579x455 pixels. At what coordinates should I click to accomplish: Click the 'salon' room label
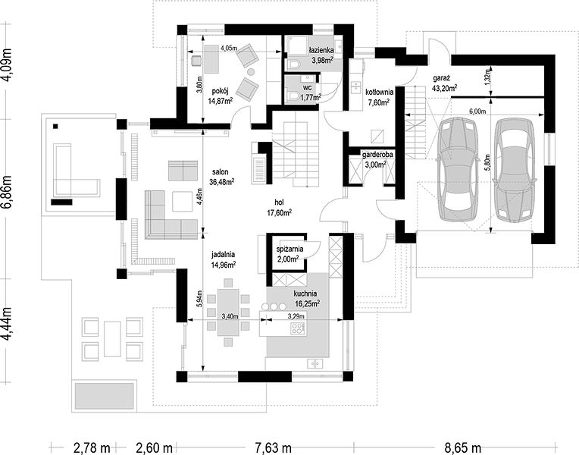(x=220, y=172)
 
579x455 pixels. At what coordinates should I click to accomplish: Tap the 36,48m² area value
(x=222, y=182)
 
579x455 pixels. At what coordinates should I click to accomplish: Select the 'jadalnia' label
(x=223, y=254)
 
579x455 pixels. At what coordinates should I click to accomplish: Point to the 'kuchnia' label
(x=305, y=293)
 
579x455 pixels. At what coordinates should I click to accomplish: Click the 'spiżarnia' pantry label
(x=289, y=249)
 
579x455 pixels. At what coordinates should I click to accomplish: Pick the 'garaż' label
(x=441, y=78)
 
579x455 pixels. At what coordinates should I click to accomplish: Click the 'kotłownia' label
(x=379, y=92)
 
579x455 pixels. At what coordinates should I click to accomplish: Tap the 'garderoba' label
(x=377, y=155)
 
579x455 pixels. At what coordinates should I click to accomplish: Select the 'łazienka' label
(x=321, y=50)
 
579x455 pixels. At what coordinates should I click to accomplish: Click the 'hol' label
(x=279, y=202)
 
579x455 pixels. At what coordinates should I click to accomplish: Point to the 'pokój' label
(x=221, y=91)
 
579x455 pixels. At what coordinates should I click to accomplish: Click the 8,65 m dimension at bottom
(x=462, y=448)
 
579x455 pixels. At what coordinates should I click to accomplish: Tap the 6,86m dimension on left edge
(x=8, y=192)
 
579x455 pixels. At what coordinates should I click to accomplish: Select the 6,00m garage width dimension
(x=477, y=111)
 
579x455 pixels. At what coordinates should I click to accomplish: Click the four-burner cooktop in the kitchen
(x=298, y=328)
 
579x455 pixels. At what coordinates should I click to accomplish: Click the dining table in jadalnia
(x=228, y=312)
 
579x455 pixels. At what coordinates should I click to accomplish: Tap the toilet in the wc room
(x=294, y=96)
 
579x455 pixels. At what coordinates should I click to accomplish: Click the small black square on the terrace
(x=55, y=126)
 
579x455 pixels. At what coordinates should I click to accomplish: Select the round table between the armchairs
(x=251, y=71)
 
